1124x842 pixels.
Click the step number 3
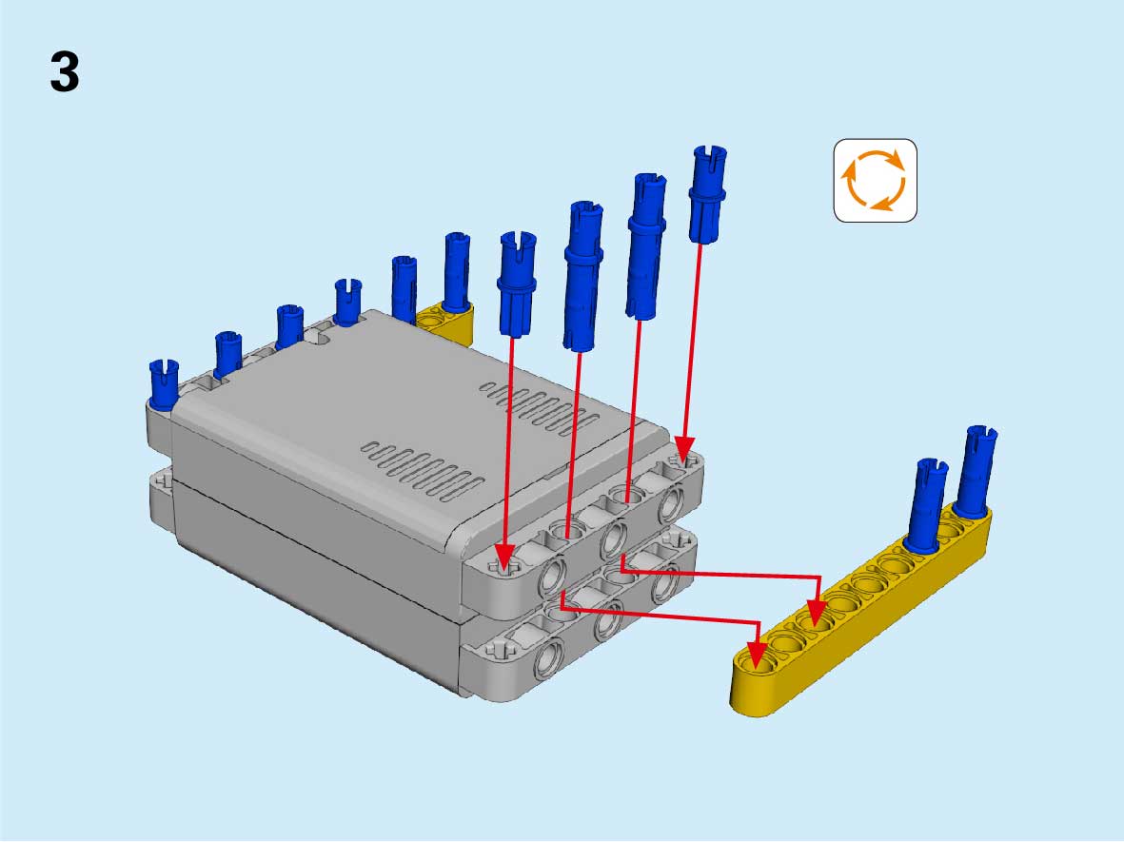coord(65,72)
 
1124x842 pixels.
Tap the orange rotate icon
coord(876,180)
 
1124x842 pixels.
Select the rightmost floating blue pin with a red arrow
coord(708,194)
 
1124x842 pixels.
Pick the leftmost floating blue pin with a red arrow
coord(517,284)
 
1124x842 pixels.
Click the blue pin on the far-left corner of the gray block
coord(164,384)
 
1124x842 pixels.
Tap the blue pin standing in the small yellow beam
coord(457,272)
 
